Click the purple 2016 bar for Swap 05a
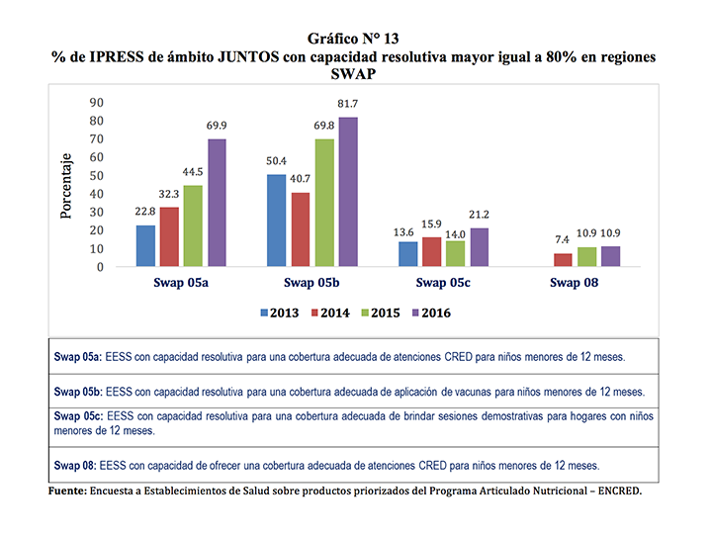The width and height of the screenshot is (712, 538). [217, 203]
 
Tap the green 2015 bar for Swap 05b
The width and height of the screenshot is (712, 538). [323, 203]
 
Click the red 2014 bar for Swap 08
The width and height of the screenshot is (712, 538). [562, 260]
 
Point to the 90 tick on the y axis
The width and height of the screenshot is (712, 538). [97, 103]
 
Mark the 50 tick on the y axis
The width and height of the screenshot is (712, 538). [97, 176]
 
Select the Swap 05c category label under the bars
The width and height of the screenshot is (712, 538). [443, 283]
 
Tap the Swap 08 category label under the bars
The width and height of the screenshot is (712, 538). [575, 283]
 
